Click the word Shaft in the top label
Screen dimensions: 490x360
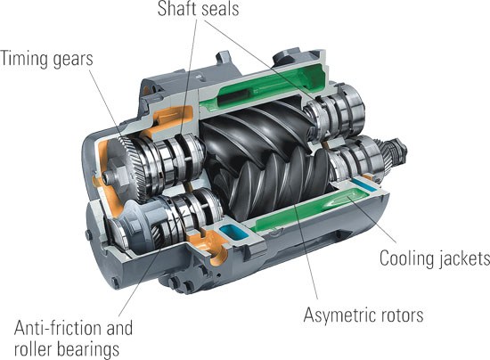point(176,8)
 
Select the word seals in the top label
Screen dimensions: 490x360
point(219,8)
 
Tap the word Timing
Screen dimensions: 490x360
point(24,59)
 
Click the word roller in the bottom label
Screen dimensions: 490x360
point(31,348)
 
